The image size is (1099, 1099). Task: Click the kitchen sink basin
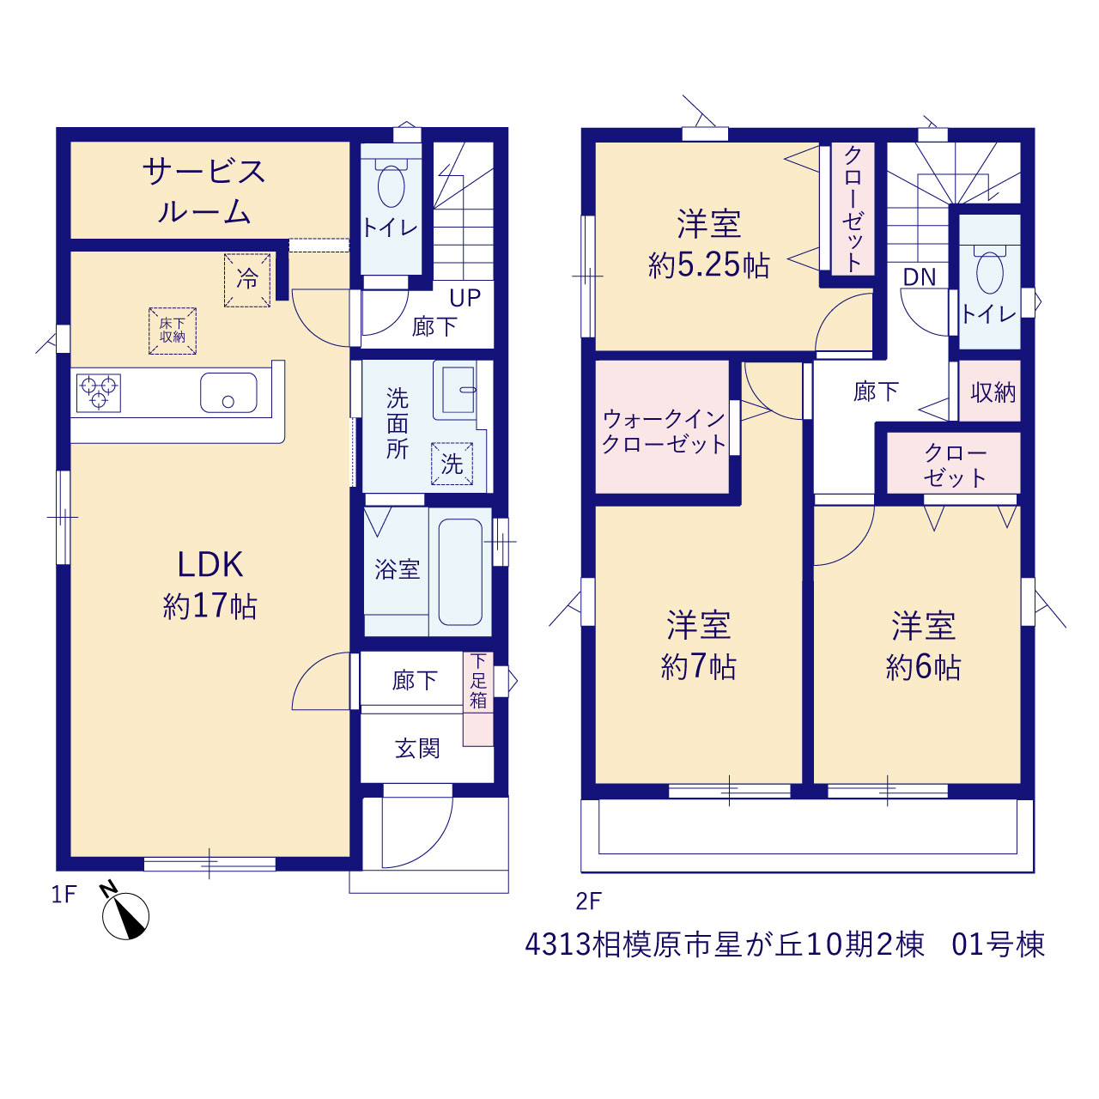(x=228, y=392)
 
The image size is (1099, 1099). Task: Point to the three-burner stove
(x=99, y=392)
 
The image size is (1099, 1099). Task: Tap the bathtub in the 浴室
(x=460, y=572)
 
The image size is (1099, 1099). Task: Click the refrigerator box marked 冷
(x=247, y=280)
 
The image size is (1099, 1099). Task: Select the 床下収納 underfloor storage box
(x=173, y=331)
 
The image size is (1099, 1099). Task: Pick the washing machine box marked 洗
(x=452, y=464)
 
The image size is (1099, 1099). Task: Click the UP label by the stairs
(x=464, y=298)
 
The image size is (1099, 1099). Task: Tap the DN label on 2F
(x=920, y=277)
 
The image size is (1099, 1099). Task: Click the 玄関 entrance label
(x=417, y=748)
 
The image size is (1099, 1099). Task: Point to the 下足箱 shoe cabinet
(x=478, y=699)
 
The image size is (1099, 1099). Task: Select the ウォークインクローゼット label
(x=664, y=432)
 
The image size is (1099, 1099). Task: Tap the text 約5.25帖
(x=709, y=265)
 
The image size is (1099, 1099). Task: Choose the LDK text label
(x=210, y=565)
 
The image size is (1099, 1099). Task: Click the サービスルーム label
(x=204, y=191)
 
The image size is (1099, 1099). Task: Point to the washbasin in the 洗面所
(x=458, y=390)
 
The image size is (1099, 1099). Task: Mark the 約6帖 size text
(x=923, y=666)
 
